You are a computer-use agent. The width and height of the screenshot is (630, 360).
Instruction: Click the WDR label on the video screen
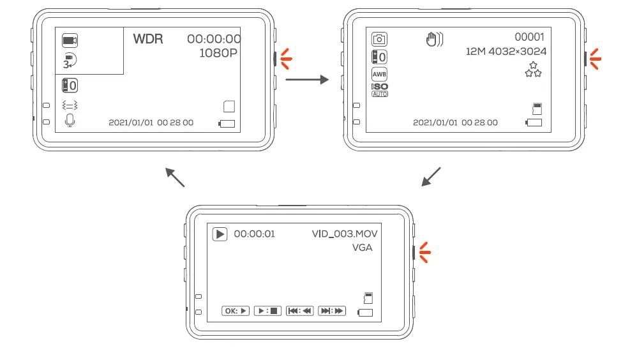147,39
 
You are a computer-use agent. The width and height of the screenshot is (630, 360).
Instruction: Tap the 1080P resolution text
218,53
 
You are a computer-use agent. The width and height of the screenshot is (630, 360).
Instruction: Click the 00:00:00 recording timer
214,39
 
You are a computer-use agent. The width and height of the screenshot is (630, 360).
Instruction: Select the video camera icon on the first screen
70,41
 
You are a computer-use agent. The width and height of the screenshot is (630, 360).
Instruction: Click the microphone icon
70,120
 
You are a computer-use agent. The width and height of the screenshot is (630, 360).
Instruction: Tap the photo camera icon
379,40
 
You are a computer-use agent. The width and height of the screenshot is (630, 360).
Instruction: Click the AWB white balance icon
379,73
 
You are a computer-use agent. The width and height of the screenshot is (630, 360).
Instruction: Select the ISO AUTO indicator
379,89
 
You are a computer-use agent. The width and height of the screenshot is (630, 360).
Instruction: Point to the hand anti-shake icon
434,40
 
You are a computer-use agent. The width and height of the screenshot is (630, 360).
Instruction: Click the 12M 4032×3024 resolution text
506,52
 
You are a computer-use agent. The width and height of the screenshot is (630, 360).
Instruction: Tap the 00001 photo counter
529,38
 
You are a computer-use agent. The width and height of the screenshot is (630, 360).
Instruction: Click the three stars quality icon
533,70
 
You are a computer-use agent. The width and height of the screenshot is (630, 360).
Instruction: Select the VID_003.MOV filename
349,234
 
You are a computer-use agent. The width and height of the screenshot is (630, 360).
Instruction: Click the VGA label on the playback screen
362,248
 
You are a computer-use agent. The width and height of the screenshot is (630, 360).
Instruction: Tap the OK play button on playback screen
235,311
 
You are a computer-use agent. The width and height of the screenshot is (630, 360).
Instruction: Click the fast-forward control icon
331,311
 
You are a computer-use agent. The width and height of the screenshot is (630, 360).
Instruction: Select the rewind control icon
299,311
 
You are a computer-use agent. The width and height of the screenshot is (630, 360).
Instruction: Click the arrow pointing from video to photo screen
306,80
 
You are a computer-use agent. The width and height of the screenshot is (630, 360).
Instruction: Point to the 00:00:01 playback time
254,234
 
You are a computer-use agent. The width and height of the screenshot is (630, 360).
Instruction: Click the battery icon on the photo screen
534,122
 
